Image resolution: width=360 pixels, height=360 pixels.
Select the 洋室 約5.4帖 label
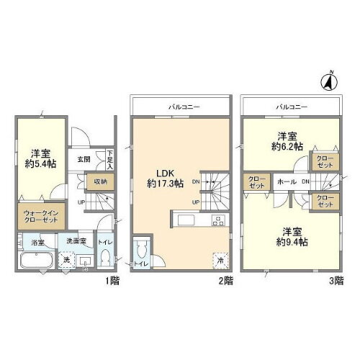coord(40,158)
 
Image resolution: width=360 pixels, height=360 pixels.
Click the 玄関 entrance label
coord(84,159)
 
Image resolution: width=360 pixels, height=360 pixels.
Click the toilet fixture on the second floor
coord(143,251)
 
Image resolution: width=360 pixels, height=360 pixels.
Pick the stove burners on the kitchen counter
coord(215,220)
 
